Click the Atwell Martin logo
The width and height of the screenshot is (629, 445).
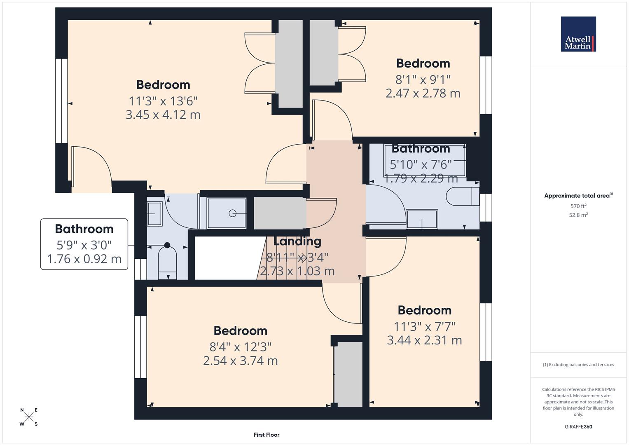click(578, 34)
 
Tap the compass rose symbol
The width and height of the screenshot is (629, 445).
click(29, 417)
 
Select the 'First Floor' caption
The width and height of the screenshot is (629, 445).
click(267, 435)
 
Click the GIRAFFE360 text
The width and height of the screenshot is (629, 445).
click(578, 426)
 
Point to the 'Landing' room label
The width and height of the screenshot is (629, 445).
click(297, 241)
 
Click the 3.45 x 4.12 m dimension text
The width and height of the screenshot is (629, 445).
click(163, 115)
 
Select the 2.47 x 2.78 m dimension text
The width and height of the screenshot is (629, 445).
click(423, 93)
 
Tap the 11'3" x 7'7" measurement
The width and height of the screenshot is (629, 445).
click(424, 326)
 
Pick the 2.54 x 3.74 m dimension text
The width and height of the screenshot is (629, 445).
click(240, 361)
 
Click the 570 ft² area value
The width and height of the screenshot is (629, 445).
click(578, 206)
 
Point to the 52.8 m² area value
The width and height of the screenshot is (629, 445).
click(578, 215)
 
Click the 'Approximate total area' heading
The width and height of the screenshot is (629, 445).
click(578, 196)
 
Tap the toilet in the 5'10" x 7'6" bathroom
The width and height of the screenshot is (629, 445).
click(463, 197)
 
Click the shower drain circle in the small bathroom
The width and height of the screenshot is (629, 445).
click(232, 213)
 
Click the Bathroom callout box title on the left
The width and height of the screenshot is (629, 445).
click(84, 229)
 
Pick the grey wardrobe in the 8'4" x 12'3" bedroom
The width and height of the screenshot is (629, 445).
click(348, 375)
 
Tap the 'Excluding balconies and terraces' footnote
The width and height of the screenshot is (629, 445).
click(578, 365)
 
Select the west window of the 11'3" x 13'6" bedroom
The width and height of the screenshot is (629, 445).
click(61, 101)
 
